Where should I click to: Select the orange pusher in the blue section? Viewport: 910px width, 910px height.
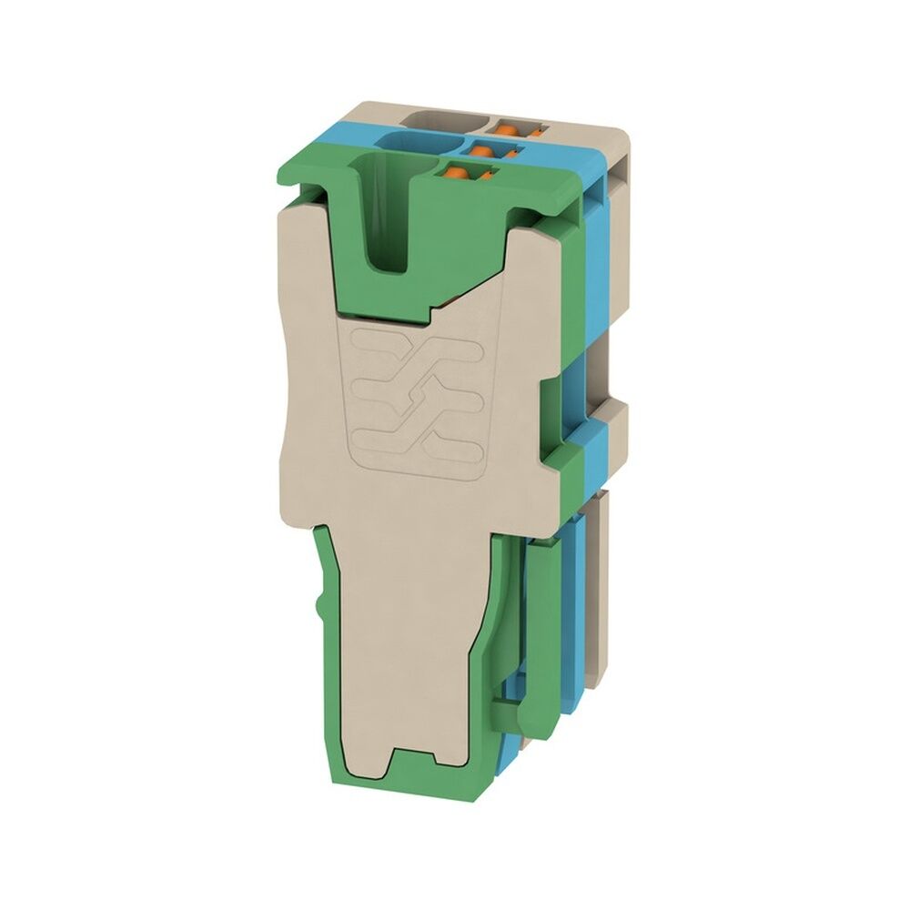486,148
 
